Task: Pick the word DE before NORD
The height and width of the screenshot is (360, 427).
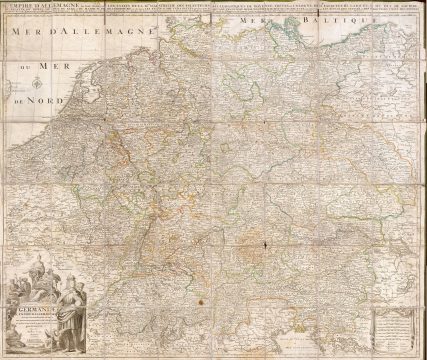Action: (19, 99)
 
